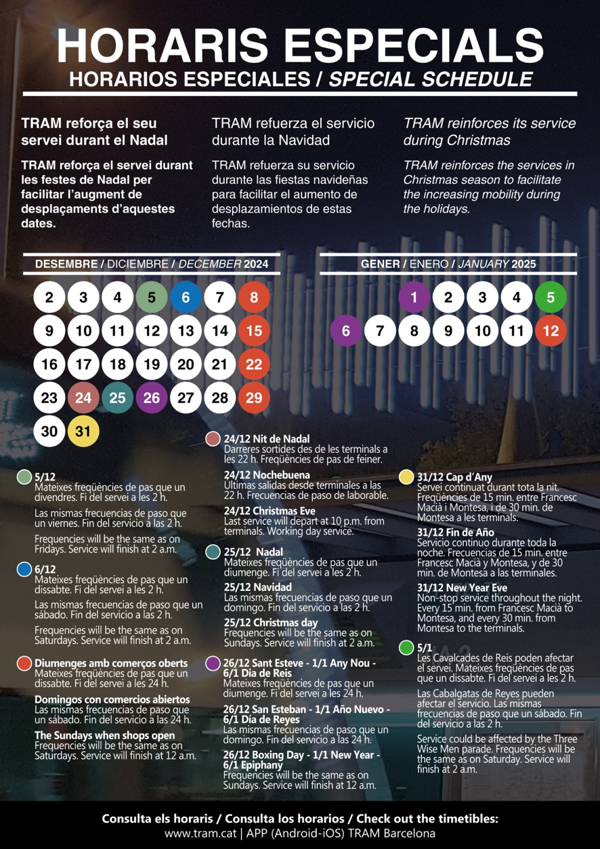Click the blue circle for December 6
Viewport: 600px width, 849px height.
[x=186, y=297]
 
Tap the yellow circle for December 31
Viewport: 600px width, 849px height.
[x=83, y=431]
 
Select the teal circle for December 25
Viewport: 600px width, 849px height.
[x=118, y=398]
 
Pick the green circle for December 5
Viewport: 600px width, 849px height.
[x=152, y=297]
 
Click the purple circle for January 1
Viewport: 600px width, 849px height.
[x=414, y=297]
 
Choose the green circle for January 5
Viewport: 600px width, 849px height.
[x=551, y=297]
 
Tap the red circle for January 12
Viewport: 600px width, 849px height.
[x=551, y=331]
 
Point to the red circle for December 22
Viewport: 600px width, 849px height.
[x=254, y=364]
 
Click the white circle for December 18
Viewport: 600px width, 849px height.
[x=118, y=364]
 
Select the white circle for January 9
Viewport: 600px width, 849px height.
[x=448, y=331]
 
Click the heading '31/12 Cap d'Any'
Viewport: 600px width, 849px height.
[x=454, y=477]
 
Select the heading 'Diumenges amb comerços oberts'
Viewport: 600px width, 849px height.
[x=111, y=663]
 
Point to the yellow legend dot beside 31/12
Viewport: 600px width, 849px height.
[x=406, y=477]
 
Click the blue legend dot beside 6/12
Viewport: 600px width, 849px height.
[x=24, y=569]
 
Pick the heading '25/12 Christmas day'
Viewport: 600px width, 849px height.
[x=270, y=623]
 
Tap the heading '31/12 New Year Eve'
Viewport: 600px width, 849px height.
[x=462, y=588]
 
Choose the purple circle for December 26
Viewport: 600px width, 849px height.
[x=152, y=398]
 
